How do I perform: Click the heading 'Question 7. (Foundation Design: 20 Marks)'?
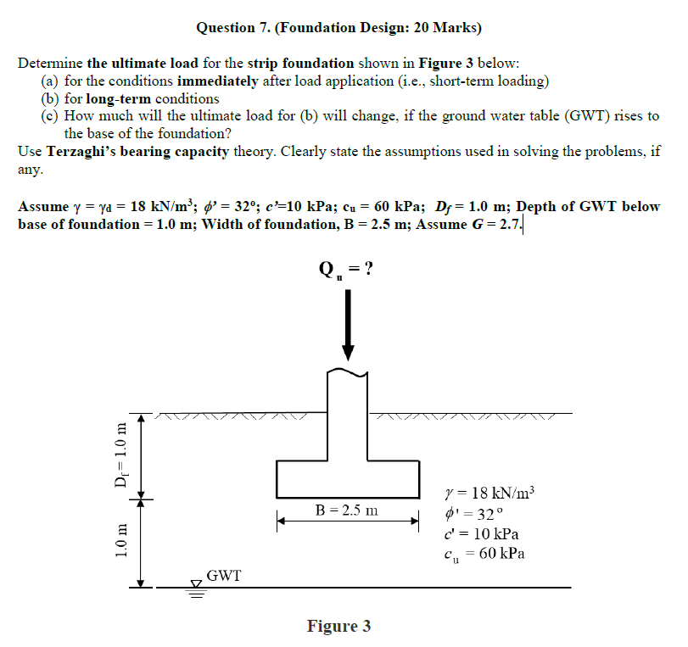pyautogui.click(x=338, y=28)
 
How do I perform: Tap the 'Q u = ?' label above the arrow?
pyautogui.click(x=346, y=269)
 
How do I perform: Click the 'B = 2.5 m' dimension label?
pyautogui.click(x=347, y=510)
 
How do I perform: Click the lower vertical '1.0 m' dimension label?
pyautogui.click(x=121, y=543)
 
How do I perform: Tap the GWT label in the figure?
pyautogui.click(x=224, y=576)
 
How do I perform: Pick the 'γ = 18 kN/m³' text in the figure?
pyautogui.click(x=490, y=494)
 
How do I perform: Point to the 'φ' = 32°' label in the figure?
pyautogui.click(x=473, y=515)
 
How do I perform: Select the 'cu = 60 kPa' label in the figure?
pyautogui.click(x=484, y=555)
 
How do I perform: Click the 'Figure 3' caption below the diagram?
pyautogui.click(x=338, y=627)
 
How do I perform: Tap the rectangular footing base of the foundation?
pyautogui.click(x=347, y=479)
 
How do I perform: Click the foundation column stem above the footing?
pyautogui.click(x=347, y=416)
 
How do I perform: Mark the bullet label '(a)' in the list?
pyautogui.click(x=50, y=81)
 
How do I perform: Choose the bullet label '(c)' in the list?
pyautogui.click(x=50, y=116)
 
